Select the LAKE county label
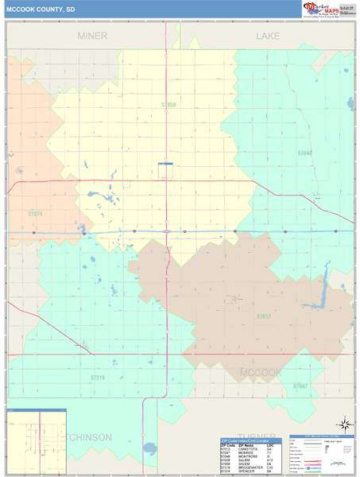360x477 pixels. point(269,37)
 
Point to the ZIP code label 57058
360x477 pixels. point(168,104)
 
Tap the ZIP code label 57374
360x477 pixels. point(35,213)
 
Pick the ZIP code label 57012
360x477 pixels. point(264,316)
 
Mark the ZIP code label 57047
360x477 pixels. point(300,386)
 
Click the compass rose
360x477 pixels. point(343,424)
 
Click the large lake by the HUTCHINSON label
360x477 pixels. point(149,449)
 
